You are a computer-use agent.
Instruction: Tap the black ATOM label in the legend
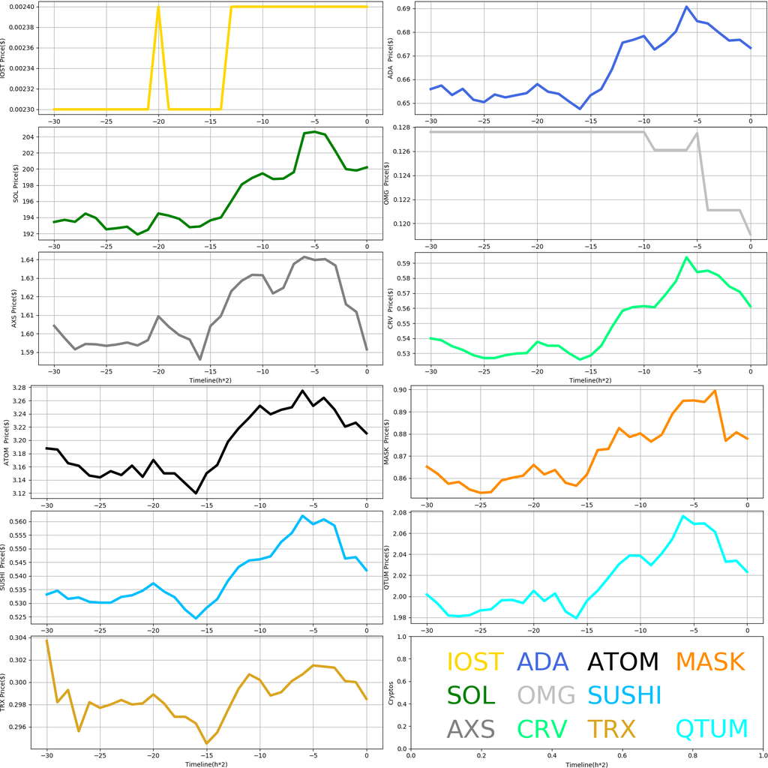tap(622, 662)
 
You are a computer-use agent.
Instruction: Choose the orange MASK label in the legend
tap(709, 662)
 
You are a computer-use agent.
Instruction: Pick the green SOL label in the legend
tap(471, 695)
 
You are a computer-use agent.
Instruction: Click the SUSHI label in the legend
tap(624, 695)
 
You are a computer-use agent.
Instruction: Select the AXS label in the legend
tap(470, 728)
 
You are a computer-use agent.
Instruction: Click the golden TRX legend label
tap(610, 728)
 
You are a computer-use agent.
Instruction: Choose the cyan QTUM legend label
tap(712, 728)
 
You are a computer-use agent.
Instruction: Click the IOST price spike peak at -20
tap(158, 7)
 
